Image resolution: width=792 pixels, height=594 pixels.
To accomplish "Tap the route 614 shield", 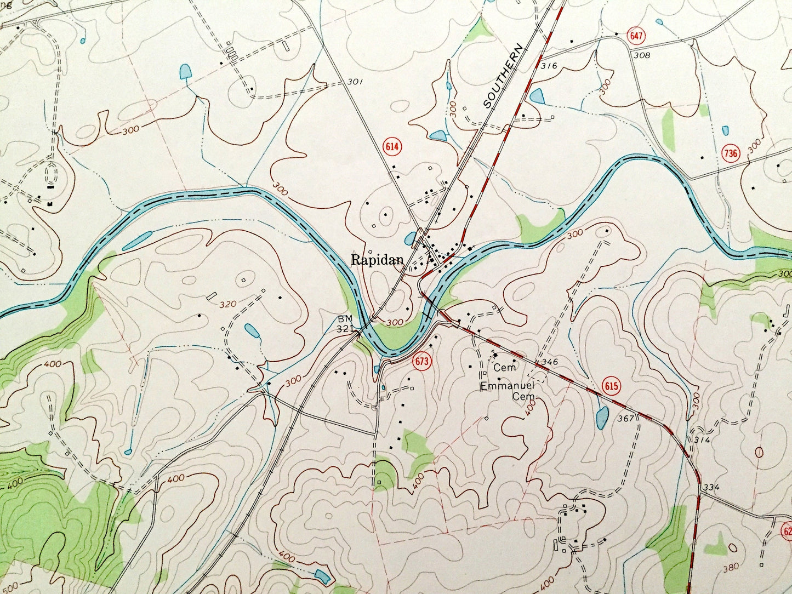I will (393, 147).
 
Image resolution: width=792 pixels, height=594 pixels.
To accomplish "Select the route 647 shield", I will (636, 37).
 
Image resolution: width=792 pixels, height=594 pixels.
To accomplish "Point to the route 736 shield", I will (731, 153).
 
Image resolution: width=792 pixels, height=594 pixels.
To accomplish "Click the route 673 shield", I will (422, 361).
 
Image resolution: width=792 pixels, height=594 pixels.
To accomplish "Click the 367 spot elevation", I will (625, 419).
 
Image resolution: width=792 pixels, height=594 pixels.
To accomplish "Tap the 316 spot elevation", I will (548, 66).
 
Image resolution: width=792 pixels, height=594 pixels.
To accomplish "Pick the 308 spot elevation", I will (641, 55).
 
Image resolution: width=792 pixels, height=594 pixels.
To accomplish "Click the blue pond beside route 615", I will (602, 418).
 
